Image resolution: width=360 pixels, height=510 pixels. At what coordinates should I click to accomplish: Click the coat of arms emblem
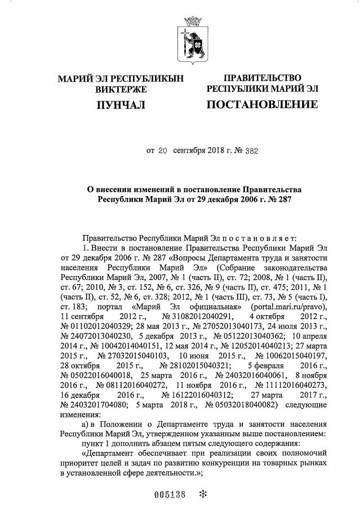(190, 39)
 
